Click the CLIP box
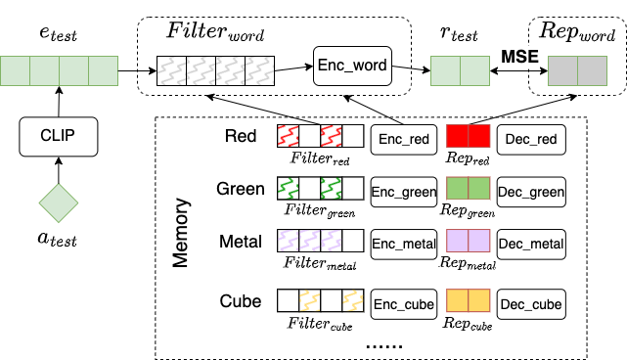(59, 136)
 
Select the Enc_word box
(352, 67)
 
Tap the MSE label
(519, 57)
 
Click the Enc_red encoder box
(402, 139)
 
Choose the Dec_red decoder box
(531, 139)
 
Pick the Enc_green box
(403, 192)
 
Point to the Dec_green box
(531, 192)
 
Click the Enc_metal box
(403, 242)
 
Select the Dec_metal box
(531, 242)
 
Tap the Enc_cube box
(403, 304)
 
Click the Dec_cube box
(531, 304)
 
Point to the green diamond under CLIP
(58, 202)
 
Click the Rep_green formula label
(468, 211)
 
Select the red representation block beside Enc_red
(468, 136)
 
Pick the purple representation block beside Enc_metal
(468, 241)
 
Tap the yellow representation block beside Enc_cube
(468, 300)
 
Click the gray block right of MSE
(577, 71)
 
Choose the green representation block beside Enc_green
(468, 188)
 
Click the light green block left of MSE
(460, 71)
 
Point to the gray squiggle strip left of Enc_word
(215, 69)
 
